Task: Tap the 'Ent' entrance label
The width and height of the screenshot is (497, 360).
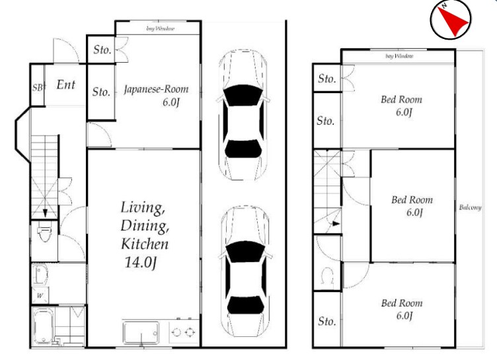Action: coord(66,85)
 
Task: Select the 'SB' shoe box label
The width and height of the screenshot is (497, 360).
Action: coord(38,87)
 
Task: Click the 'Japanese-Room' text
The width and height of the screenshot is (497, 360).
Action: coord(156,89)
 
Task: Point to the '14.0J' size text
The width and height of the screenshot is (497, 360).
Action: coord(140,262)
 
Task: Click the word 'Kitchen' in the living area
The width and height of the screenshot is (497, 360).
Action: coord(145,244)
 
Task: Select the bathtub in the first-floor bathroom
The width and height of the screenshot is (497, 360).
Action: coord(43,327)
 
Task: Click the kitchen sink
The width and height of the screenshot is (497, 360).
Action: coord(141,332)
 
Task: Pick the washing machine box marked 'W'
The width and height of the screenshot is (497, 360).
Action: coord(40,296)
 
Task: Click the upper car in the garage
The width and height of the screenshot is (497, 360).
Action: coord(243,115)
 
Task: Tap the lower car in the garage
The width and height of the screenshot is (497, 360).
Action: coord(245,271)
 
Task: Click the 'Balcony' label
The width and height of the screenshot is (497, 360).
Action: coord(470,207)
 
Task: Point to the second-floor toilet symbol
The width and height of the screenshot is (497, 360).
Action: coord(327,275)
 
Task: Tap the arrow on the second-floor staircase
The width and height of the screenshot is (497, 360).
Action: coord(335,223)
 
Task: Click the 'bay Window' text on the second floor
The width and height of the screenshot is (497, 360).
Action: coord(399,56)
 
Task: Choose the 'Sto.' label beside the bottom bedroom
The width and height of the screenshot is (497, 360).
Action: coord(326,321)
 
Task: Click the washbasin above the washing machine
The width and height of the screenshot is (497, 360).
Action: coord(40,275)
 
